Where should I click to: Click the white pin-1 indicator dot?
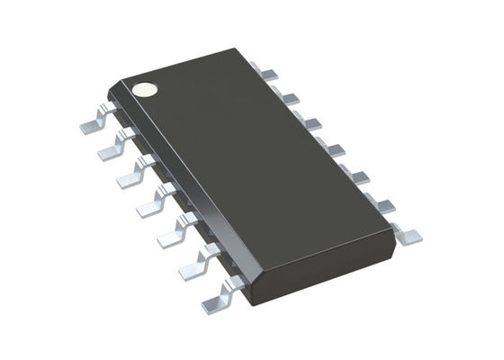(x=143, y=89)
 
